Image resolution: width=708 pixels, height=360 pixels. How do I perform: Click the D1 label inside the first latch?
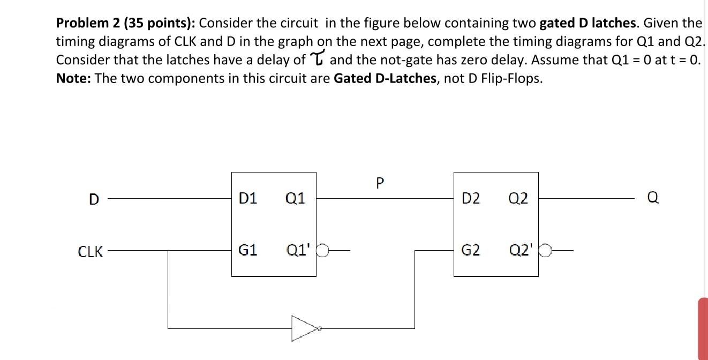point(248,199)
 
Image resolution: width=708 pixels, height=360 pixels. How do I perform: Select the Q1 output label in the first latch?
point(295,199)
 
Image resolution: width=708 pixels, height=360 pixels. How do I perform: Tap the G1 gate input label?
point(247,250)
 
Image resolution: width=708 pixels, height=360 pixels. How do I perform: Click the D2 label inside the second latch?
point(471,199)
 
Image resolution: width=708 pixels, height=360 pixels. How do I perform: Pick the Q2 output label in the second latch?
point(518,199)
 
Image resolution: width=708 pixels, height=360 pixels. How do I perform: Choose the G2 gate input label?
point(470,250)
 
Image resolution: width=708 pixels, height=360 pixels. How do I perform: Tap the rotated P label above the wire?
point(380,184)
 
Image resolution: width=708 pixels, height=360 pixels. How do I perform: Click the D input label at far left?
point(94,199)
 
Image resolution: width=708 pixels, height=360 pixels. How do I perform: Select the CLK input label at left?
point(91,251)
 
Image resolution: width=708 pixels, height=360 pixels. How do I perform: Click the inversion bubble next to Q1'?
point(323,250)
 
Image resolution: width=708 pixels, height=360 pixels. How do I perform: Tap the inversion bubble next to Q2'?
point(546,250)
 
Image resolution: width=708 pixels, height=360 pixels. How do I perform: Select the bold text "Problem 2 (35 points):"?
point(126,23)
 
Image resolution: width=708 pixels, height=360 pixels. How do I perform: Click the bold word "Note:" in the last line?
point(73,78)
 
